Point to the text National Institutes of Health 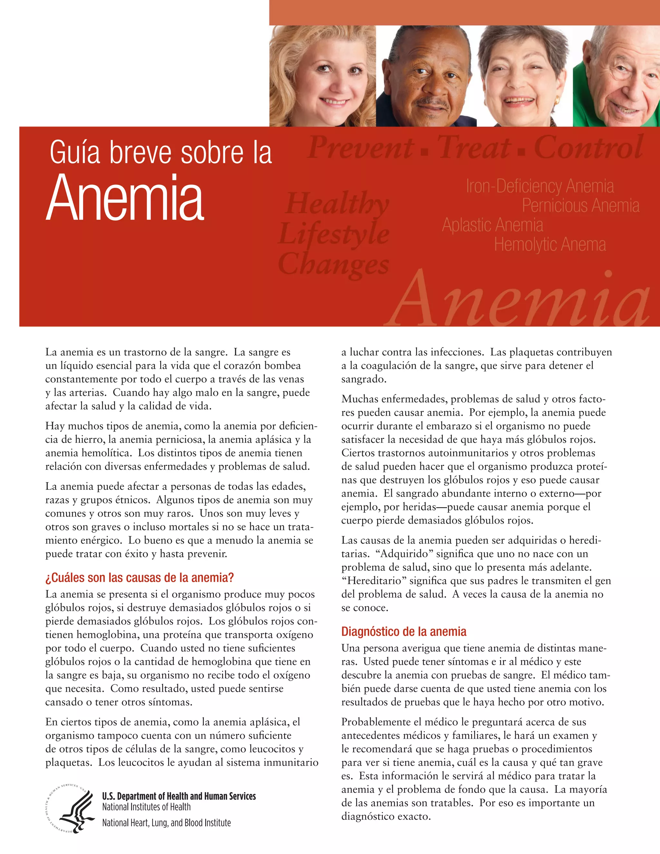coord(146,807)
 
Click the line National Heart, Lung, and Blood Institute coord(166,823)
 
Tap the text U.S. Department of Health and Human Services coord(179,796)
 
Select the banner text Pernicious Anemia coord(581,206)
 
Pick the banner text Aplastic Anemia coord(493,225)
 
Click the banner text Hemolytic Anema coord(550,245)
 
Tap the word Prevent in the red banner coord(361,148)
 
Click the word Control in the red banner coord(588,148)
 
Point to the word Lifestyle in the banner coord(334,234)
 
